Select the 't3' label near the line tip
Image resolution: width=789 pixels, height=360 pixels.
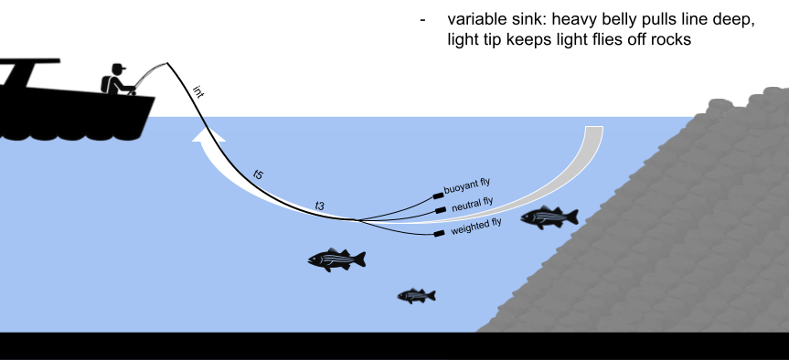(x=319, y=205)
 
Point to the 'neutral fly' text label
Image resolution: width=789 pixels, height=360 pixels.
(x=472, y=204)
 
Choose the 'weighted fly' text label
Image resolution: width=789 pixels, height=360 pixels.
(x=476, y=225)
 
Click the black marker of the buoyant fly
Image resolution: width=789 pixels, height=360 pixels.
(x=438, y=195)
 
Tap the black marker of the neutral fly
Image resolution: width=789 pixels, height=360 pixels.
(x=441, y=211)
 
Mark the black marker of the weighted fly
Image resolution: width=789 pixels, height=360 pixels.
(x=439, y=233)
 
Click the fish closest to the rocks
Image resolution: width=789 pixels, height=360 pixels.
(x=549, y=217)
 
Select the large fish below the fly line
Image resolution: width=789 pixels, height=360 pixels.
(x=336, y=259)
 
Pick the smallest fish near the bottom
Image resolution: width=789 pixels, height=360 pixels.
(x=416, y=295)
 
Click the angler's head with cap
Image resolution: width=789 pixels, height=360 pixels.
(x=117, y=69)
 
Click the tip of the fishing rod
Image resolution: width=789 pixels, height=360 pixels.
(x=169, y=63)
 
